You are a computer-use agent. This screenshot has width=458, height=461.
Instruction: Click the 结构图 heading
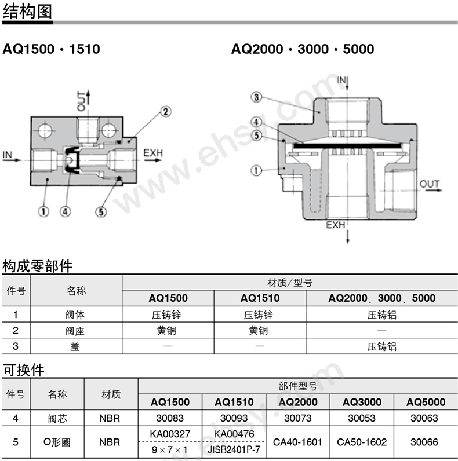[x=27, y=11]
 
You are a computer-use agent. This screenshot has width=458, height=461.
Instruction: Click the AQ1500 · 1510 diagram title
[x=51, y=49]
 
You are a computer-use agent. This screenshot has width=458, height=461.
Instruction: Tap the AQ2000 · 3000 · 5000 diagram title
[x=303, y=49]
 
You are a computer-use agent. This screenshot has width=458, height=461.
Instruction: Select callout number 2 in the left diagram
[x=166, y=112]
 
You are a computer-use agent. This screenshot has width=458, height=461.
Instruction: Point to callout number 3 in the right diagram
[x=256, y=97]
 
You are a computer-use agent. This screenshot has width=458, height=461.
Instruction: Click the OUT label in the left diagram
[x=81, y=101]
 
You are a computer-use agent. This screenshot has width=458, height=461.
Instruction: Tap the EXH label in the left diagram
[x=153, y=153]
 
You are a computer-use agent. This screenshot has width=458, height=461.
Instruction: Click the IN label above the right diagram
[x=341, y=80]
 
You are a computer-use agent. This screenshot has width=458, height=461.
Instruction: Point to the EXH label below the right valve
[x=336, y=225]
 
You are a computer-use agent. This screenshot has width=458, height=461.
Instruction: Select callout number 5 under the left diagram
[x=101, y=212]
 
